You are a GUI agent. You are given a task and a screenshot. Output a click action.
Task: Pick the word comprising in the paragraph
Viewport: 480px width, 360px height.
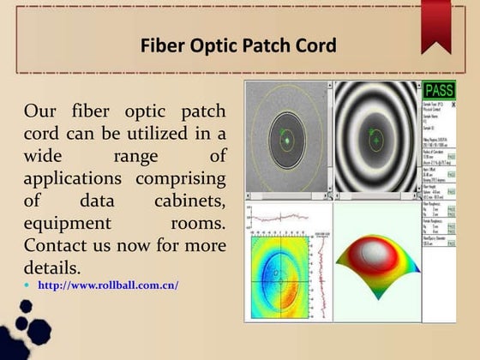(x=182, y=179)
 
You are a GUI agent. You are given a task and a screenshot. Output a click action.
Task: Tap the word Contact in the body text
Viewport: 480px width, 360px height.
(x=57, y=246)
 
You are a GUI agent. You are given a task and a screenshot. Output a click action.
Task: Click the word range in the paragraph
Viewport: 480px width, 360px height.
(x=135, y=157)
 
